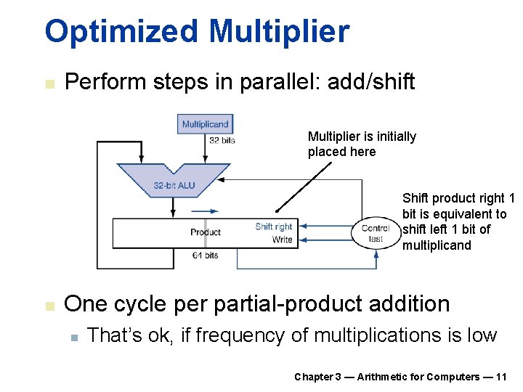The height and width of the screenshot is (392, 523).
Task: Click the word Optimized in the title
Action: [x=121, y=32]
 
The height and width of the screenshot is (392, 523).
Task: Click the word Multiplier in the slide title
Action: [x=279, y=32]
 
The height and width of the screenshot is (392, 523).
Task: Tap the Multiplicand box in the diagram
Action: [x=205, y=124]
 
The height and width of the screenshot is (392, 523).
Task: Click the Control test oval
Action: [x=376, y=233]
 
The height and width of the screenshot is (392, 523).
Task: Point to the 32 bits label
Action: [x=222, y=140]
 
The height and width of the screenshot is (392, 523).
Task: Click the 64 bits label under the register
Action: [x=205, y=256]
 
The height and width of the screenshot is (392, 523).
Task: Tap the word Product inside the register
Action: [x=205, y=232]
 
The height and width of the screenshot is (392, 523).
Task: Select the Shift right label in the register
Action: [x=274, y=226]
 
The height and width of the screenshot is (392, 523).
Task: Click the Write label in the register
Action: [x=282, y=240]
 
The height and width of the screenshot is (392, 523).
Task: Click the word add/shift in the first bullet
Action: [x=371, y=82]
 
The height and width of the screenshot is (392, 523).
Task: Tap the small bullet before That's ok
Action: [x=74, y=337]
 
